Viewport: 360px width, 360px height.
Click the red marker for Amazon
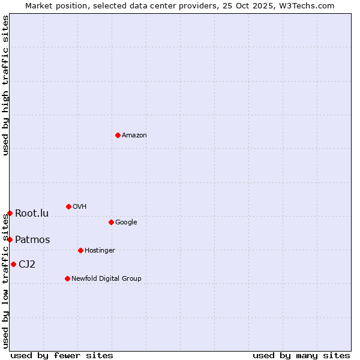pyautogui.click(x=118, y=135)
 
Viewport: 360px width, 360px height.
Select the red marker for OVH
pyautogui.click(x=68, y=206)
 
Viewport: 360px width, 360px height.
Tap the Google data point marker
pyautogui.click(x=111, y=222)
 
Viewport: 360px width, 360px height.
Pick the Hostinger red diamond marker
pyautogui.click(x=80, y=250)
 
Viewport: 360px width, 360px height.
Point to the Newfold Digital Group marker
pyautogui.click(x=67, y=278)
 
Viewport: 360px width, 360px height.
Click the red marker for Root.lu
pyautogui.click(x=10, y=213)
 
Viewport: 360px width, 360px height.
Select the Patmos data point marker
pyautogui.click(x=10, y=239)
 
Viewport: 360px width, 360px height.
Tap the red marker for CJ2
pyautogui.click(x=13, y=264)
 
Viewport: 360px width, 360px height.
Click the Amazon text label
pyautogui.click(x=134, y=136)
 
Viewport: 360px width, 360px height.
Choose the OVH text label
pyautogui.click(x=80, y=207)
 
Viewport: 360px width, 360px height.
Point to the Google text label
pyautogui.click(x=126, y=223)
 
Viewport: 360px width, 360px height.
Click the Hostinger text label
pyautogui.click(x=100, y=251)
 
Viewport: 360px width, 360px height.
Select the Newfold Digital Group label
pyautogui.click(x=106, y=279)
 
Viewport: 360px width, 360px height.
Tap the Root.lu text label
pyautogui.click(x=32, y=214)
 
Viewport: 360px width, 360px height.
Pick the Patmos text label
pyautogui.click(x=32, y=240)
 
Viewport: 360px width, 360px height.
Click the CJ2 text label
pyautogui.click(x=27, y=265)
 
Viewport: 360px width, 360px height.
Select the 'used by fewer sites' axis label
pyautogui.click(x=62, y=355)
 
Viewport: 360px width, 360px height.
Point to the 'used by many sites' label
pyautogui.click(x=301, y=355)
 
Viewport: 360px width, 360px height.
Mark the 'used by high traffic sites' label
pyautogui.click(x=5, y=85)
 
